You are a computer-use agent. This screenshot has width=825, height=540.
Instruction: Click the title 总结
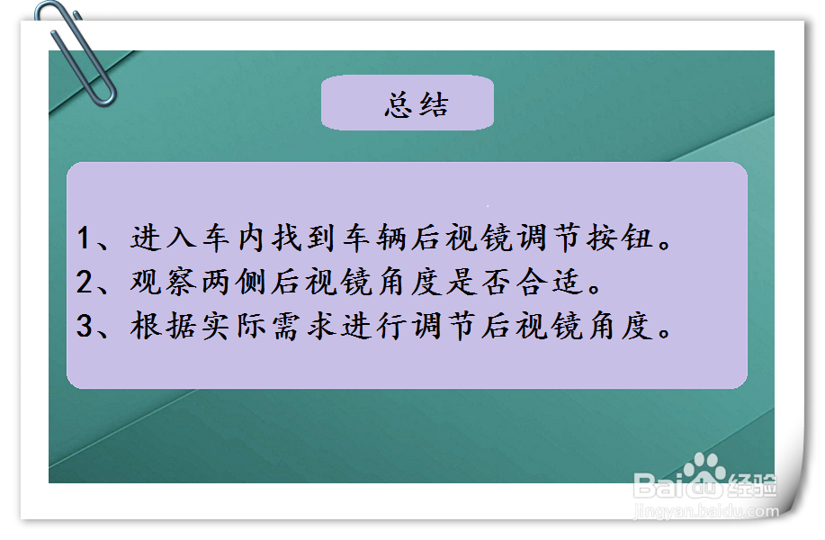416,105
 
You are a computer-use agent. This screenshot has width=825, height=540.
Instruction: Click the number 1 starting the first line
85,238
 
